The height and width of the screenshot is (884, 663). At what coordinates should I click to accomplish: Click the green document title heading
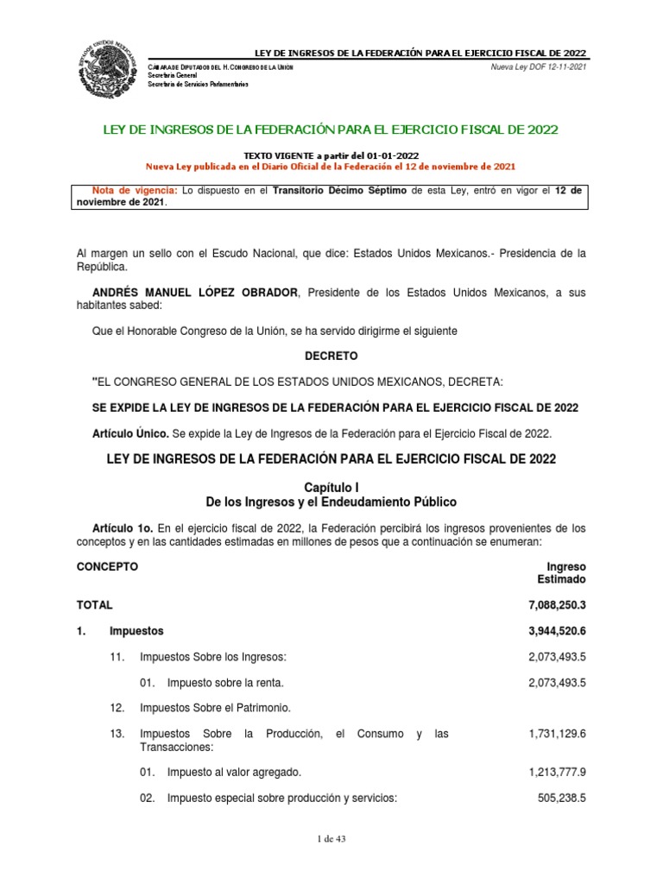coord(331,129)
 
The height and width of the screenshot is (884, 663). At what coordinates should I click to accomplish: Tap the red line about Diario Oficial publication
coord(331,166)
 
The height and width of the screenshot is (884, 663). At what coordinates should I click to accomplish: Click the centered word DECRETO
coord(331,356)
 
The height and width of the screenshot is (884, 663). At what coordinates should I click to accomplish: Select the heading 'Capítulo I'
coord(331,488)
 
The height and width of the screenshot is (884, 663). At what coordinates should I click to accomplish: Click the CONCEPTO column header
coord(107,567)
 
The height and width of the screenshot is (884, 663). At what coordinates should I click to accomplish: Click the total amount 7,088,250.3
coord(551,606)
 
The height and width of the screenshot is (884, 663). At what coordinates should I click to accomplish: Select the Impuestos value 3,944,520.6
coord(551,631)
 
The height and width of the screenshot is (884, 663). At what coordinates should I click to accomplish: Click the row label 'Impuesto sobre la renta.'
coord(224,683)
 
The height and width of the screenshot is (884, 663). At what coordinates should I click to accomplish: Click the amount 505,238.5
coord(561,799)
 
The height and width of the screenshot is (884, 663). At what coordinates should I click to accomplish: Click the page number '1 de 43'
coord(331,838)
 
